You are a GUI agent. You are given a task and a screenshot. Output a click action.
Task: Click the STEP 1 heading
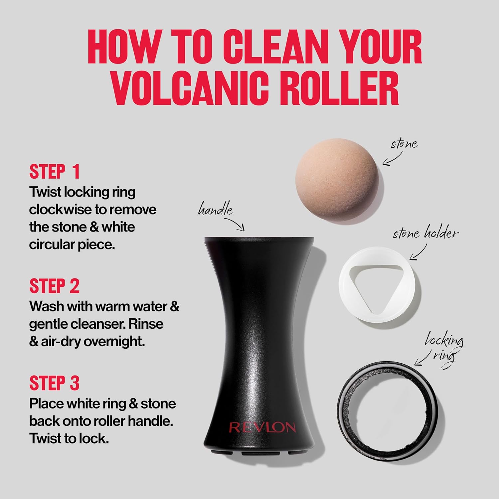pos(55,172)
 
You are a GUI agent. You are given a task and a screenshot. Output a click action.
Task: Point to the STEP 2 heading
pos(55,286)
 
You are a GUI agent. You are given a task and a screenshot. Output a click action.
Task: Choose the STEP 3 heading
pos(55,383)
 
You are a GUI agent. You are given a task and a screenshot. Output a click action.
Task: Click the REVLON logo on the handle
pos(262,427)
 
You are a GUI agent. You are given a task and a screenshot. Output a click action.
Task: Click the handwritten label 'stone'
pos(404,144)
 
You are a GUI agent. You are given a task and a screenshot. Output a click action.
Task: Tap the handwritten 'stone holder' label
pos(425,233)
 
